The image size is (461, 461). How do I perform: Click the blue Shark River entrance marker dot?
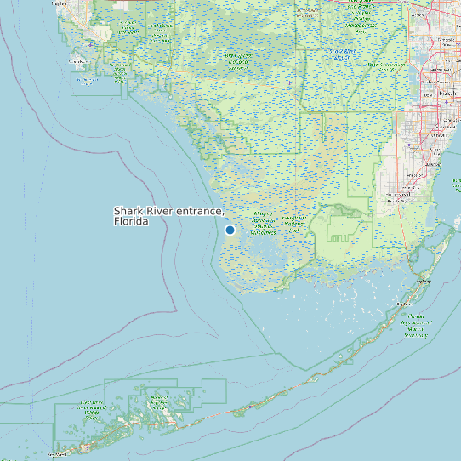[230, 230]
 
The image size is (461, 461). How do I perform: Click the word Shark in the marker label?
[129, 211]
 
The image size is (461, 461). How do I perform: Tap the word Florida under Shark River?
[130, 222]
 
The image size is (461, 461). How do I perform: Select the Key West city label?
[56, 455]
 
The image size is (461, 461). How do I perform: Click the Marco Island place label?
[85, 82]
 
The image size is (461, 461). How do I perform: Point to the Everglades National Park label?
[294, 224]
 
